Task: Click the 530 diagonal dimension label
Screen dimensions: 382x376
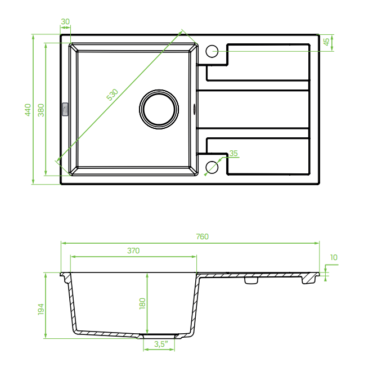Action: (x=113, y=95)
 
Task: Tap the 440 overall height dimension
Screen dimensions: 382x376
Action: (x=28, y=110)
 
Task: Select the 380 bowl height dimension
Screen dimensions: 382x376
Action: (x=41, y=110)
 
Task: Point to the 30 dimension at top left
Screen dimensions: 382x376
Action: (x=65, y=22)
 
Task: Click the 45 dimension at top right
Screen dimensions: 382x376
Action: (x=326, y=42)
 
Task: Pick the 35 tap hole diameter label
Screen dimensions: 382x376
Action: (x=233, y=153)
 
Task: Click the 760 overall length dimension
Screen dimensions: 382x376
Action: (x=203, y=236)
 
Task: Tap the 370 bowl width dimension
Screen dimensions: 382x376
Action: (x=133, y=250)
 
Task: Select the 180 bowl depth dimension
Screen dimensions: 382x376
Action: (x=142, y=303)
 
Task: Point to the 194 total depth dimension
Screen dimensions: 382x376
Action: (x=41, y=309)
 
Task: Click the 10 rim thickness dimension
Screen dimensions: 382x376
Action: (x=334, y=257)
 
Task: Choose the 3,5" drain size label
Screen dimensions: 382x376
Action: (x=161, y=344)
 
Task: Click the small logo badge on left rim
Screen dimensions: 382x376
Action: (x=65, y=109)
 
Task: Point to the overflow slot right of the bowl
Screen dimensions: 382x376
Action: (x=194, y=109)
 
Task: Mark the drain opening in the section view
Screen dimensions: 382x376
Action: (x=159, y=336)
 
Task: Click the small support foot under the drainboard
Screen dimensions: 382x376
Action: (x=251, y=280)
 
